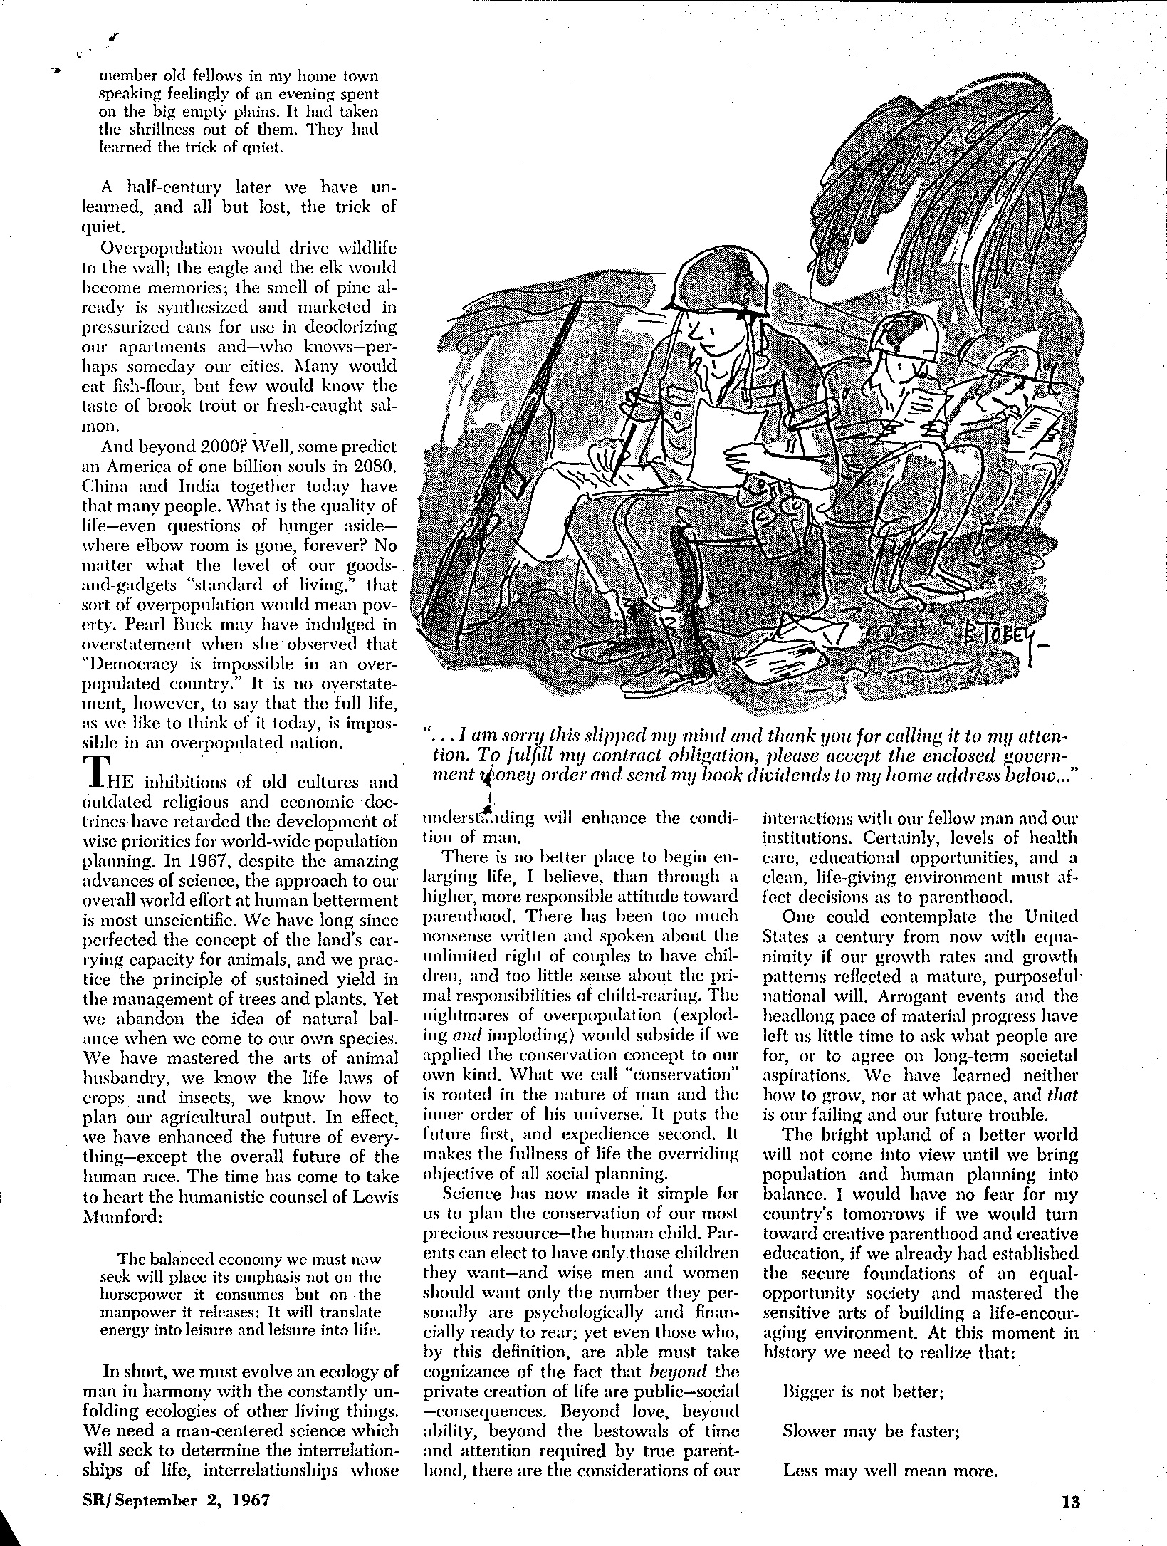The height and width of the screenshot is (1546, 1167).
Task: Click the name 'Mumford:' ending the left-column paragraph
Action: click(x=124, y=1216)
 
